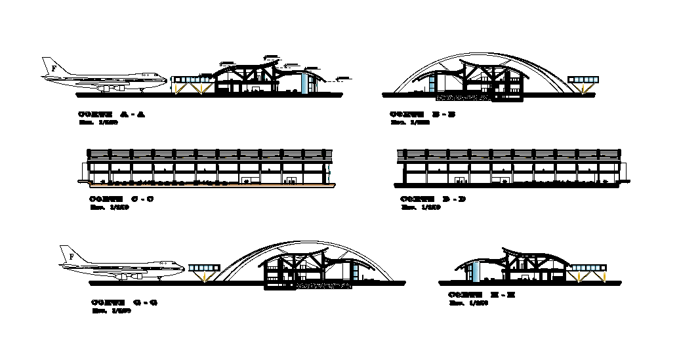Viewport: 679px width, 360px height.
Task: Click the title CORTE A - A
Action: coord(112,115)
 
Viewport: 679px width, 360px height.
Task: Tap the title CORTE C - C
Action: coord(121,199)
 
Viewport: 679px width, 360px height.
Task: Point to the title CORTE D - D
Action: coord(432,199)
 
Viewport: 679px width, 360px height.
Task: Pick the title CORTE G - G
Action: coord(124,302)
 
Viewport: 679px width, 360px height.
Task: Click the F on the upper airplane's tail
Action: coord(53,68)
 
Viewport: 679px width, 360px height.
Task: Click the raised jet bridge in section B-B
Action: coord(584,80)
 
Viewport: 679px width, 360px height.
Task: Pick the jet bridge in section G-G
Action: coord(203,268)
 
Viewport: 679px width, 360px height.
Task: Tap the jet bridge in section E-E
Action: coord(586,268)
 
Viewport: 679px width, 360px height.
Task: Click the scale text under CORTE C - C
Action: coord(109,207)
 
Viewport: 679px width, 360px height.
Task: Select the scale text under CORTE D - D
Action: coord(421,207)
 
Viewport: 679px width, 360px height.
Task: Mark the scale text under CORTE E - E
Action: coord(470,304)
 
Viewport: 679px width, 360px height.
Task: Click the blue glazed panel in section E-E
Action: coord(476,271)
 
